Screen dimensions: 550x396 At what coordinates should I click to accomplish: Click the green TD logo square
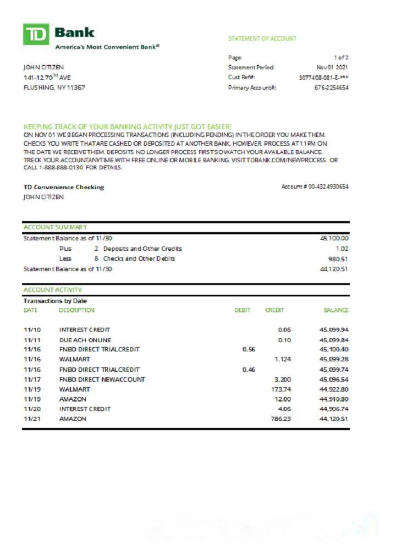point(36,34)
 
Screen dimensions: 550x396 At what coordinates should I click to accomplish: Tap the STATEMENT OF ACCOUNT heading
point(262,38)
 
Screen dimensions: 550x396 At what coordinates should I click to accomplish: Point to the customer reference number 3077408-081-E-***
point(323,77)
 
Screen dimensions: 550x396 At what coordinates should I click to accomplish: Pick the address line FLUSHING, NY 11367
point(54,87)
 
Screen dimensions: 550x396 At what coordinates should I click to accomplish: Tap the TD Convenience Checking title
point(63,187)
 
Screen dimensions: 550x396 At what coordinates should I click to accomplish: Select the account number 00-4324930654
point(328,187)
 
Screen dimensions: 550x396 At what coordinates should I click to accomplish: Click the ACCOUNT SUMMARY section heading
point(55,227)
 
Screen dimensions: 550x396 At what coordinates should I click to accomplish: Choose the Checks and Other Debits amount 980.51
point(339,258)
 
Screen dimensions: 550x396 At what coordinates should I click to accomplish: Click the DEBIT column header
point(243,310)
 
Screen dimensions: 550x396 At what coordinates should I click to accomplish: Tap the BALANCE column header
point(336,310)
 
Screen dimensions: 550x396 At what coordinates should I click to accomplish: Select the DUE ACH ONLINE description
point(85,340)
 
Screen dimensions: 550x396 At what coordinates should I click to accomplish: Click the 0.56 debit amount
point(249,349)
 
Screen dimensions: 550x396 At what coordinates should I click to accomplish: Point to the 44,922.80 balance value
point(334,389)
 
